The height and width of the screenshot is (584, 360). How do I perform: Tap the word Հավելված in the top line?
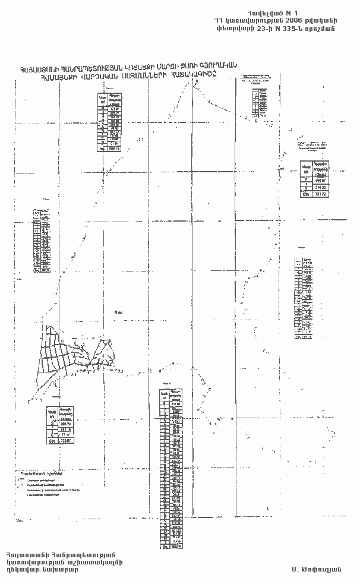(269, 11)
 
